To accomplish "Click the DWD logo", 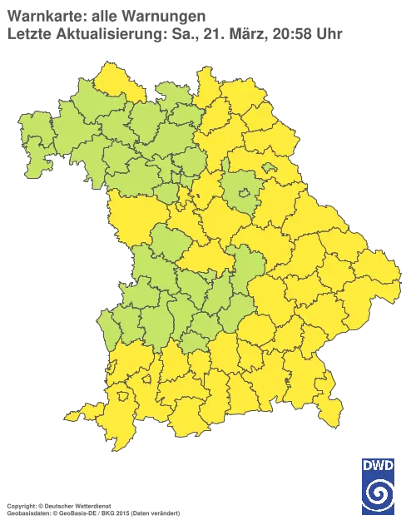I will pyautogui.click(x=379, y=486).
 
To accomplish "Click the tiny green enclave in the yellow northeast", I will pyautogui.click(x=270, y=168).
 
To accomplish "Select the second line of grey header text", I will pyautogui.click(x=175, y=34).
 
